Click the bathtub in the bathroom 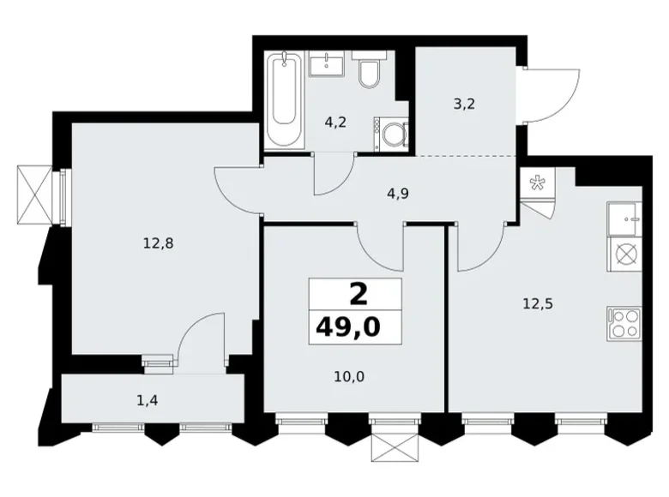click(x=283, y=100)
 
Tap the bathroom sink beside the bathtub click(x=327, y=64)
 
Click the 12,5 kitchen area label click(x=538, y=302)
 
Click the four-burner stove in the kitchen click(x=624, y=323)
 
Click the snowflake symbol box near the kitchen click(x=538, y=182)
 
